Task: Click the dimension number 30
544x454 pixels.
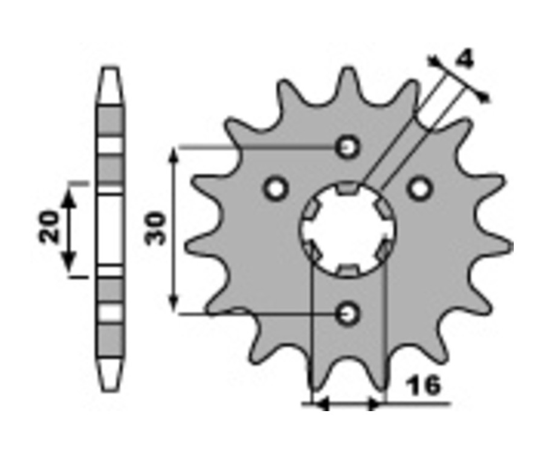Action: point(156,228)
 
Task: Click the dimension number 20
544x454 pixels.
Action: point(49,226)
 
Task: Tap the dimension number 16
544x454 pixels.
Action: point(424,385)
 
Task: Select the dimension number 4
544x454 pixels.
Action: point(464,60)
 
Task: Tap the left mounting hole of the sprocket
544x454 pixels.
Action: point(276,189)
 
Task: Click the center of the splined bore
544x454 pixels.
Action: point(348,229)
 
